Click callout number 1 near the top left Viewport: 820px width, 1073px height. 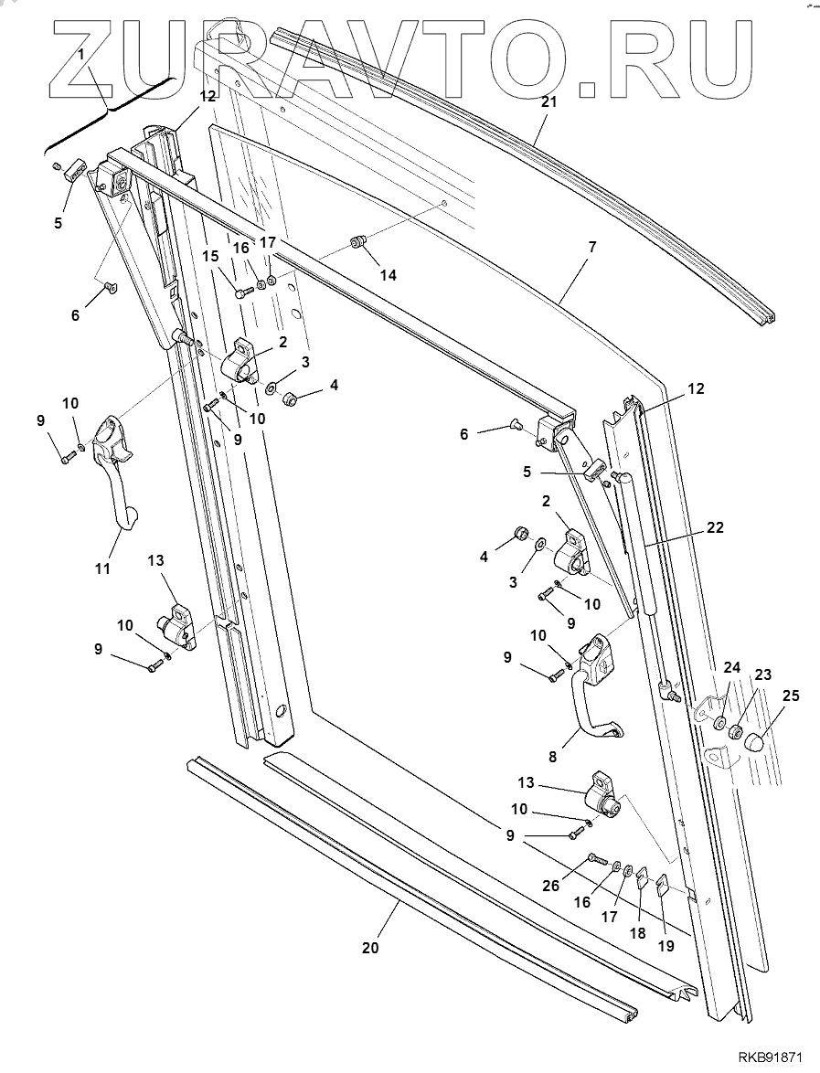[x=81, y=55]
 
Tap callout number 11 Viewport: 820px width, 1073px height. [x=101, y=568]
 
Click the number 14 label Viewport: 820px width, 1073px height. [x=389, y=275]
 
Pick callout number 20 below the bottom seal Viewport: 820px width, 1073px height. [x=369, y=948]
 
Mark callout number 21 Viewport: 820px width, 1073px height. [x=548, y=102]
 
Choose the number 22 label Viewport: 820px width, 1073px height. [x=715, y=527]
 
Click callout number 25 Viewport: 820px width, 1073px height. [x=791, y=696]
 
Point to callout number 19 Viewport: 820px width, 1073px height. [x=666, y=946]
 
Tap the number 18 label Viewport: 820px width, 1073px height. [x=638, y=933]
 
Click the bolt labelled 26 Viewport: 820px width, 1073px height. [x=595, y=860]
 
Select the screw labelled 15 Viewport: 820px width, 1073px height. [x=242, y=293]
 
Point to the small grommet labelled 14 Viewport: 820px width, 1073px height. [x=357, y=242]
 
